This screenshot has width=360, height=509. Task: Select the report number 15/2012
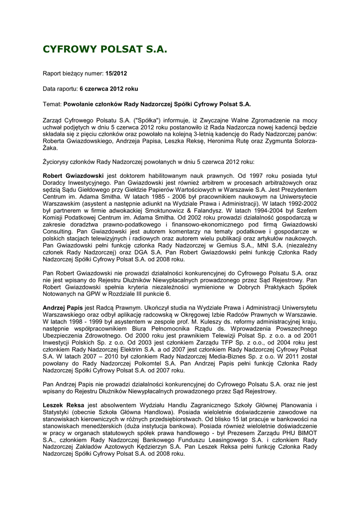(x=116, y=74)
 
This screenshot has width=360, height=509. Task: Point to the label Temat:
(x=52, y=104)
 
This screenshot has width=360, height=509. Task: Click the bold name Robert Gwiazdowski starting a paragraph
(x=74, y=176)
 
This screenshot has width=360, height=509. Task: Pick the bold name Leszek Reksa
(x=63, y=405)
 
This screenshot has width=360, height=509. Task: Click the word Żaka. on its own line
(x=51, y=148)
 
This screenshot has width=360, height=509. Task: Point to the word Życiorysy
(x=58, y=162)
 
